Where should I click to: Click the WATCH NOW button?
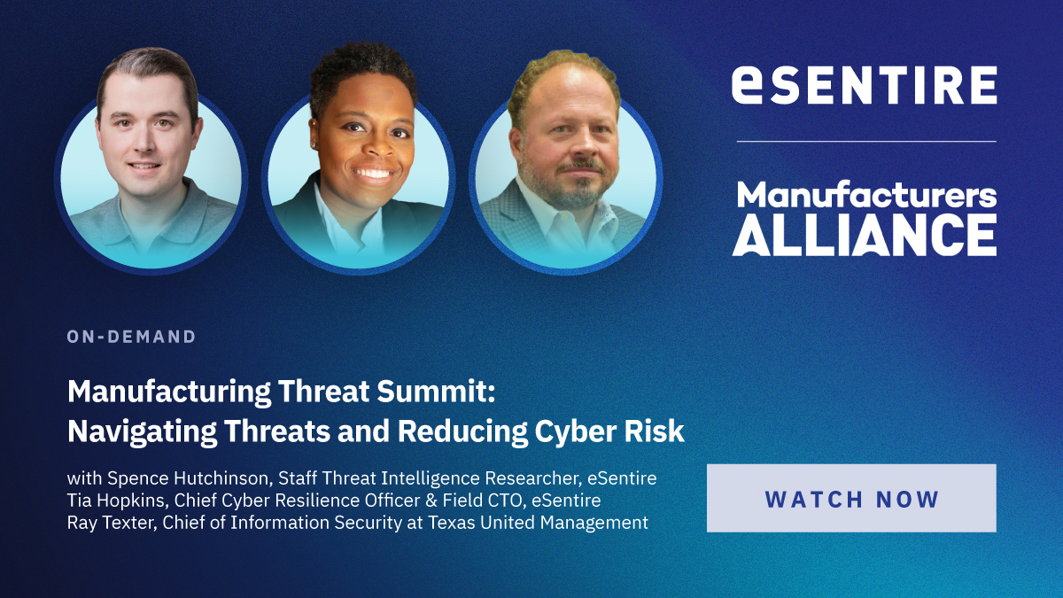[851, 498]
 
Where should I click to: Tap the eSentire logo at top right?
[865, 85]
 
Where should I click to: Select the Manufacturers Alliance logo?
[865, 219]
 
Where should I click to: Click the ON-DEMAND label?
[131, 337]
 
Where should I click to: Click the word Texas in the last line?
[454, 523]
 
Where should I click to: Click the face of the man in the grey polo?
[147, 141]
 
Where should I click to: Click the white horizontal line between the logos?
[865, 141]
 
